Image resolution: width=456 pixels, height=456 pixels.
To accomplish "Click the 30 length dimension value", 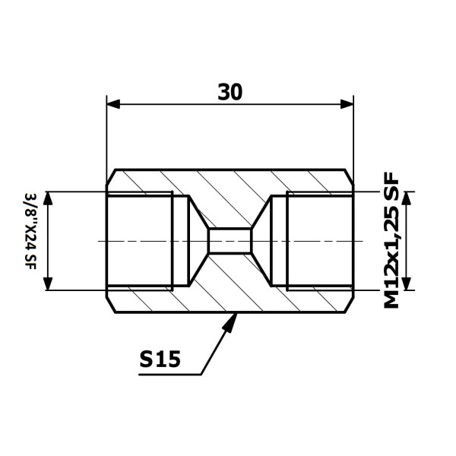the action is tap(230, 92).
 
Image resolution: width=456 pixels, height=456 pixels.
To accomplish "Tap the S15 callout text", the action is tap(160, 359).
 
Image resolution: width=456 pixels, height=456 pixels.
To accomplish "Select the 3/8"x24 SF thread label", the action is tap(30, 231).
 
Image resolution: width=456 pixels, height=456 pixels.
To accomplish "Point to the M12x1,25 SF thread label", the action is tap(391, 240).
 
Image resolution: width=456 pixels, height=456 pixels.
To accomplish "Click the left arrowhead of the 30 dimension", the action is tap(113, 104).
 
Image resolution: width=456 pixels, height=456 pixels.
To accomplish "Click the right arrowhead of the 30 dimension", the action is tap(347, 104).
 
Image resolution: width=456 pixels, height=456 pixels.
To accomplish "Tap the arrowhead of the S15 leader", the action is tap(230, 322).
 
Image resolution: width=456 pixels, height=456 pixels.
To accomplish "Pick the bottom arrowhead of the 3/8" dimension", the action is tap(48, 283).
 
